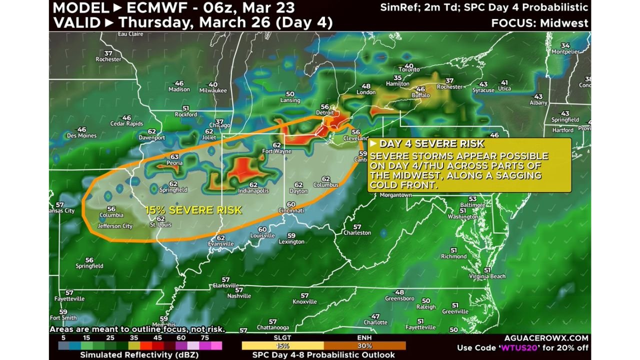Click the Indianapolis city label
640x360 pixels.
(253, 191)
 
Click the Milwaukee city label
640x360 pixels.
(213, 90)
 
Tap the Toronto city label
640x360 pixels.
(408, 69)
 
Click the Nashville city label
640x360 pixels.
(239, 296)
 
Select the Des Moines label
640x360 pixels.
(81, 135)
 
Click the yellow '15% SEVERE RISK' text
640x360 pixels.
(193, 210)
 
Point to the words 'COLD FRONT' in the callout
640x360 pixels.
(403, 185)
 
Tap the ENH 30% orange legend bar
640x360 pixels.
(364, 345)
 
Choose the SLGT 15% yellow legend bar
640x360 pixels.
(282, 345)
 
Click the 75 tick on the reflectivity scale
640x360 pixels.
(205, 337)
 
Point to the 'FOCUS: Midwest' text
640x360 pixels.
(539, 23)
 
